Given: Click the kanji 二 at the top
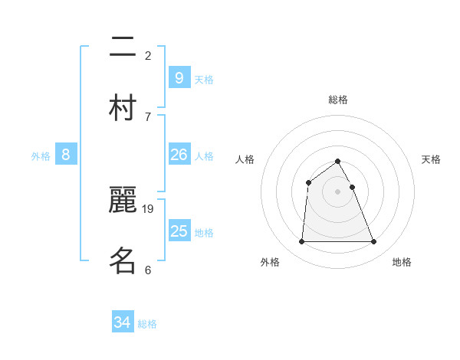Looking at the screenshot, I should [x=123, y=51].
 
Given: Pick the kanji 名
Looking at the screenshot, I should [x=123, y=260].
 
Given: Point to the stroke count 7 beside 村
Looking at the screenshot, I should [x=148, y=116].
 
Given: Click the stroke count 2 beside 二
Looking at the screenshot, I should [x=148, y=56].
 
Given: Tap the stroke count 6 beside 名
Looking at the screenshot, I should [x=148, y=270].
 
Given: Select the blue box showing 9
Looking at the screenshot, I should [x=179, y=77].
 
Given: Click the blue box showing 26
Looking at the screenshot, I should [x=179, y=155].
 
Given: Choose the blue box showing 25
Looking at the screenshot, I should [x=179, y=231].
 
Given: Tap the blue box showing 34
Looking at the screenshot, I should [x=123, y=322].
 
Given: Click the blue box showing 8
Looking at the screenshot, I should [x=66, y=155].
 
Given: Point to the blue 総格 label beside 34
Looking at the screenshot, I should [x=147, y=324].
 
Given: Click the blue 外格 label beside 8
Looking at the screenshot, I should [x=41, y=156].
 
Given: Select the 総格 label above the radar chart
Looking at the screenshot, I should [x=338, y=100].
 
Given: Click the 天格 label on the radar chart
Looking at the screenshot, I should [x=431, y=159].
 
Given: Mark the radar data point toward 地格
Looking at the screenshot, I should [x=374, y=242].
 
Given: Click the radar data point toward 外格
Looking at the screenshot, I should [x=301, y=242].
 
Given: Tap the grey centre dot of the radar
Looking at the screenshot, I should [x=338, y=191].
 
